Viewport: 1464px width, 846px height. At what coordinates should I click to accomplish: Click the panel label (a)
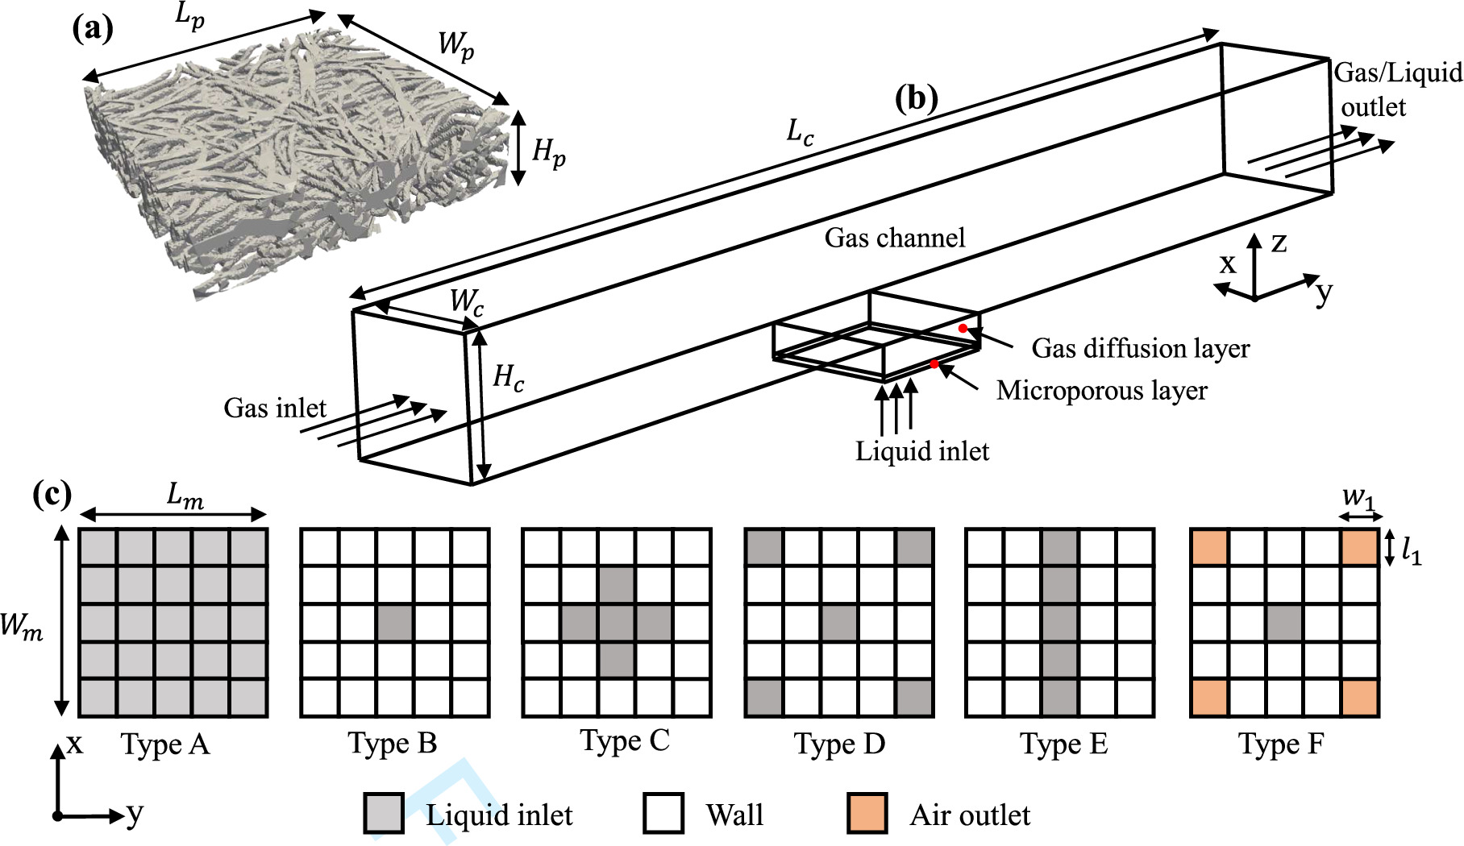[93, 30]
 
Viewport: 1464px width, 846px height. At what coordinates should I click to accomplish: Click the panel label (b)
[917, 98]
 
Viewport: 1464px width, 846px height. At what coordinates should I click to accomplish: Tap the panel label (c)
[52, 494]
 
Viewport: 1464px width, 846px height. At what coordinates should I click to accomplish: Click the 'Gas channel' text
[894, 238]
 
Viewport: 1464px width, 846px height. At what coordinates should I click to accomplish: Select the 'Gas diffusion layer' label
[1140, 348]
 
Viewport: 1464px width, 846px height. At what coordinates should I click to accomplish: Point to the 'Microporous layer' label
[1101, 391]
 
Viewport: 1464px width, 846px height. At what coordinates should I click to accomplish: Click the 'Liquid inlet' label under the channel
[921, 451]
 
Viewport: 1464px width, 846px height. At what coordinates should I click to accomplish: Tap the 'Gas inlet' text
[274, 408]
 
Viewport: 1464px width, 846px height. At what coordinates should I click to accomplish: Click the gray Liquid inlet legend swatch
[383, 813]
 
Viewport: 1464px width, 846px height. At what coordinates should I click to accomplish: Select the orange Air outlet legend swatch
[867, 813]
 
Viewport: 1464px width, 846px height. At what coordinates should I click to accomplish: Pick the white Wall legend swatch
[663, 813]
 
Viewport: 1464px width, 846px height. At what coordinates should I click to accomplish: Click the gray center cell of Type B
[395, 623]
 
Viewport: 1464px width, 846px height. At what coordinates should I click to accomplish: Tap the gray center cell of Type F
[1284, 623]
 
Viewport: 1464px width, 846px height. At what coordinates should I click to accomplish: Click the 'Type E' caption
[1063, 744]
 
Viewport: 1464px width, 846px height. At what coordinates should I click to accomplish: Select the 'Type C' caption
[624, 741]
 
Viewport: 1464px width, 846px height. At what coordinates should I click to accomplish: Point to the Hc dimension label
[508, 377]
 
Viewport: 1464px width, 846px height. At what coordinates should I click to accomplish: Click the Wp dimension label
[455, 45]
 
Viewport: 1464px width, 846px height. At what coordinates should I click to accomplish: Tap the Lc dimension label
[800, 132]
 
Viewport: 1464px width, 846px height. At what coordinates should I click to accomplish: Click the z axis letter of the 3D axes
[1279, 243]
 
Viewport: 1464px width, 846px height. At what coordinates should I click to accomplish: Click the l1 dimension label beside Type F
[1411, 551]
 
